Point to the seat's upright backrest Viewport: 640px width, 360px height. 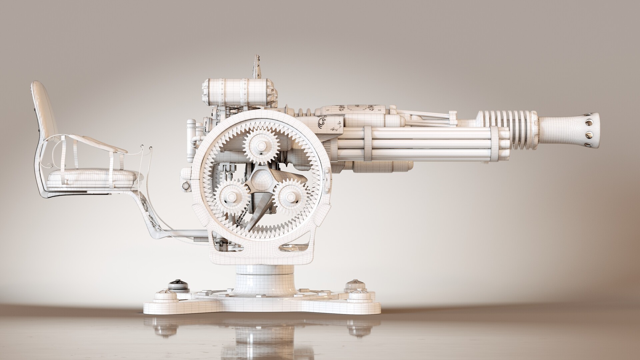pos(43,110)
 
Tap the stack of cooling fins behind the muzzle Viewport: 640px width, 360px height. pos(515,127)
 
